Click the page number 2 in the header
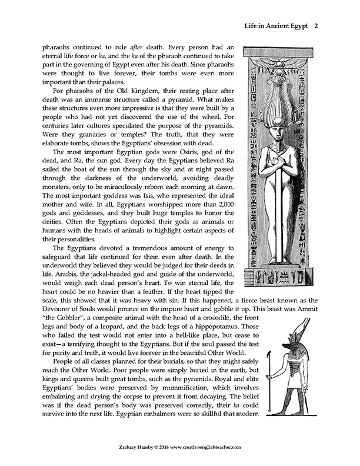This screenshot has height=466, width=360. click(x=316, y=25)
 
